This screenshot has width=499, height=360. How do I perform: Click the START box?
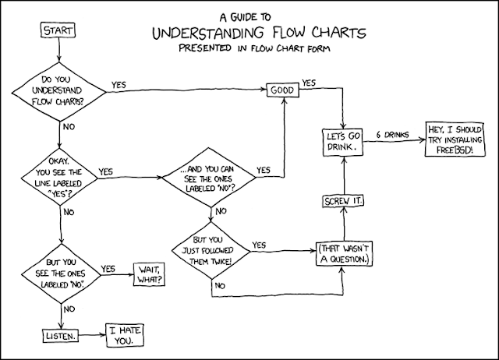[x=59, y=30]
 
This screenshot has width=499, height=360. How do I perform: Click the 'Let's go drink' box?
[x=343, y=141]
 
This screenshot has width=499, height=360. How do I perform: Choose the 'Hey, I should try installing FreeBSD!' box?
[x=456, y=140]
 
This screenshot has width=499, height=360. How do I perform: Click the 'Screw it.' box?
[x=343, y=201]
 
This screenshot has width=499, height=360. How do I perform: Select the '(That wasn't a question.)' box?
[x=344, y=252]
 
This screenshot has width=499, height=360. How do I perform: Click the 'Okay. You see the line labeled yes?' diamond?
[x=60, y=178]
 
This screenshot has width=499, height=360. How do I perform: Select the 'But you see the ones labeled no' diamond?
[x=60, y=274]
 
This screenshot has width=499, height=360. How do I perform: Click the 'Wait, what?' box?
[x=152, y=274]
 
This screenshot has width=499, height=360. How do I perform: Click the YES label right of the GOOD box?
[x=309, y=83]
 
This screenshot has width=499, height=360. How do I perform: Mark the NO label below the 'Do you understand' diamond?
[x=69, y=125]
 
